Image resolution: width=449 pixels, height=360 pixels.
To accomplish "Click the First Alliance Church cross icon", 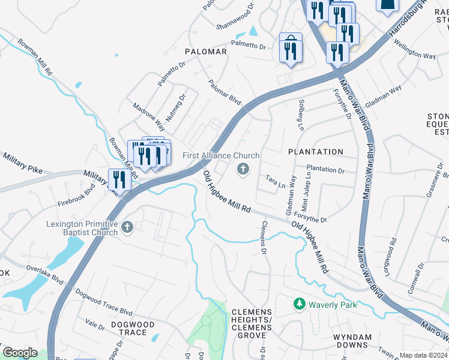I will [x=244, y=170].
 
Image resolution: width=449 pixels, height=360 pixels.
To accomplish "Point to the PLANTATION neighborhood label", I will [x=316, y=152].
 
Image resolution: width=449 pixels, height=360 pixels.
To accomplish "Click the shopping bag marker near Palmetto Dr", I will [x=291, y=48].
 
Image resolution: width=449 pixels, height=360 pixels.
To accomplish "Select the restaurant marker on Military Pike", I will [x=119, y=179].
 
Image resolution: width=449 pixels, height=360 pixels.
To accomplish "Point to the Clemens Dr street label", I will [x=263, y=238].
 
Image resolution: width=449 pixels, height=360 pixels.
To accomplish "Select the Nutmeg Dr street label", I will [x=176, y=106].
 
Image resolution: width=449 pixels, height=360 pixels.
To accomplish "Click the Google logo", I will [x=20, y=353].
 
